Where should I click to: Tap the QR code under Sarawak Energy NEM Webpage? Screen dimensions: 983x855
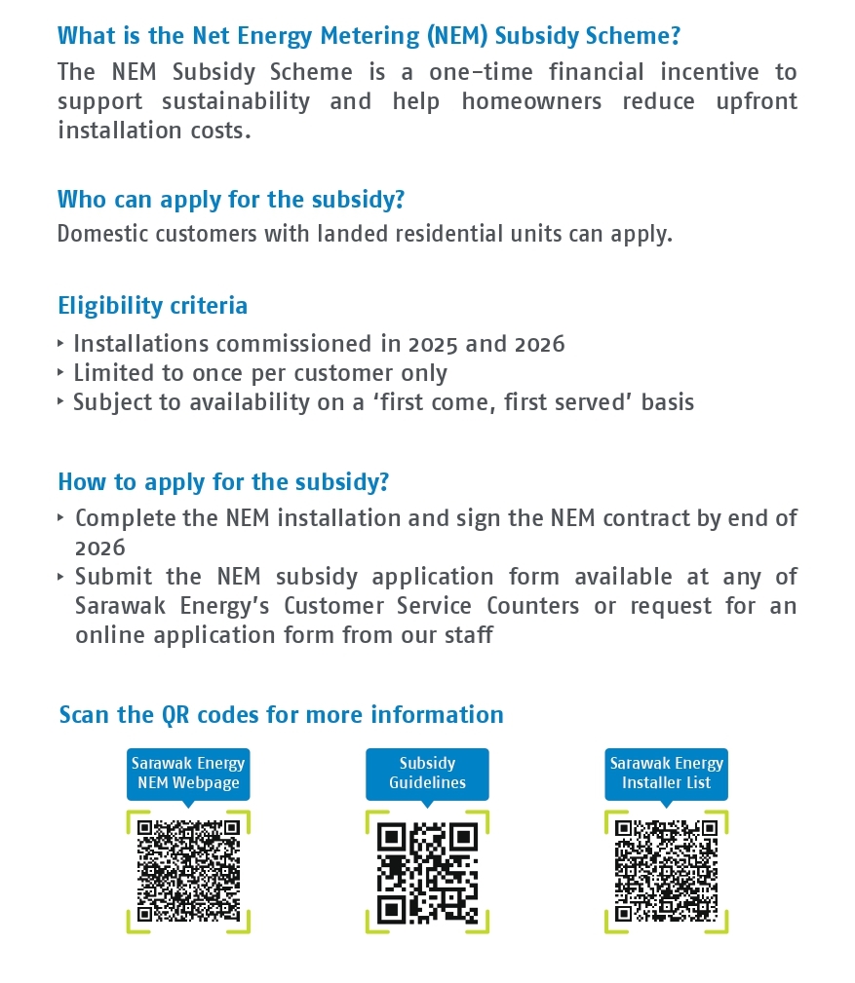188,870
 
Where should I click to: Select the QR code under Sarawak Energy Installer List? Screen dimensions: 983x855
666,870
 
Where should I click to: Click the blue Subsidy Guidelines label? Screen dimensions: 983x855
427,773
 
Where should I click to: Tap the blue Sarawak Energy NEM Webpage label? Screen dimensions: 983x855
188,773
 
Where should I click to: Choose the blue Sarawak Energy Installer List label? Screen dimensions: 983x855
666,773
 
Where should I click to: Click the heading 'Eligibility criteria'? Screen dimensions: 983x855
153,306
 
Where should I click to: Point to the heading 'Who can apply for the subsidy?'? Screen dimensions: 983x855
231,200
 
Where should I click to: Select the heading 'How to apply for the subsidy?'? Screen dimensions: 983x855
223,482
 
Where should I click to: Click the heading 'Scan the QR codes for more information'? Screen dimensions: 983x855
281,714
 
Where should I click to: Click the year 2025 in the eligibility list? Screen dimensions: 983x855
436,344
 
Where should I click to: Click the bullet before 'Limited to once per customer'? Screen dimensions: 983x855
62,372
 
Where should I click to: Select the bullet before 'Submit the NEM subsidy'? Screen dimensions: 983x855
62,576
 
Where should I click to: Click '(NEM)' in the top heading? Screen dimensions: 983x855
456,36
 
